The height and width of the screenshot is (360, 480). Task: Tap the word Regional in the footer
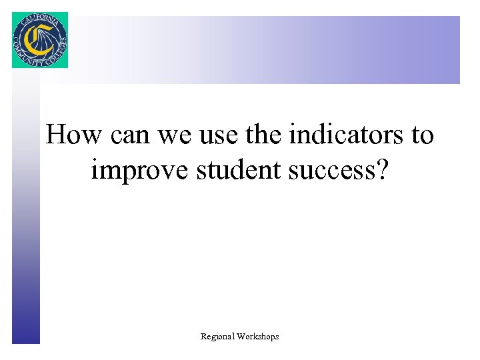[x=217, y=337]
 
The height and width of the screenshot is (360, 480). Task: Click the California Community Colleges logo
[x=39, y=40]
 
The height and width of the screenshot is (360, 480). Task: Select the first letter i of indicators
[x=293, y=135]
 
